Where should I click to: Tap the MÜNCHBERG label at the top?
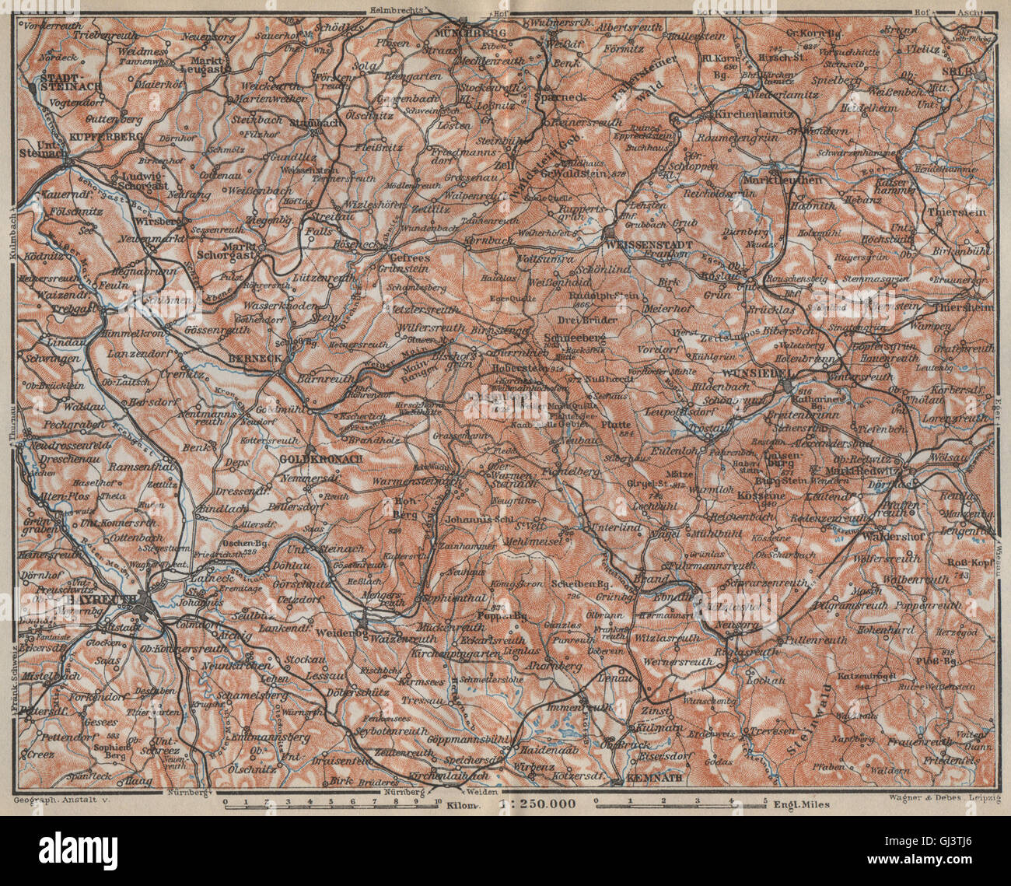pos(471,32)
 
